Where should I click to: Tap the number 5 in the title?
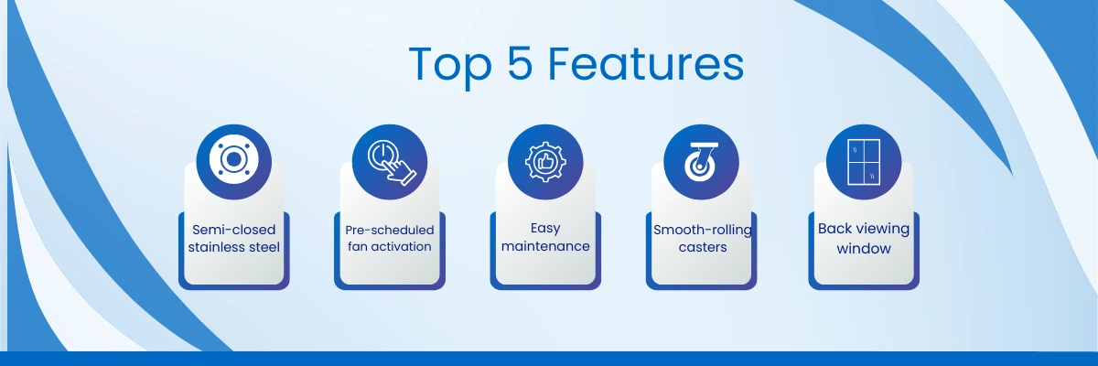pyautogui.click(x=520, y=63)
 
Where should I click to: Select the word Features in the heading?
pyautogui.click(x=646, y=64)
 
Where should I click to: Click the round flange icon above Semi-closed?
pyautogui.click(x=234, y=160)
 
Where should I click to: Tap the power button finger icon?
pyautogui.click(x=392, y=162)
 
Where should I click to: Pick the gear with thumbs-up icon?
pyautogui.click(x=545, y=162)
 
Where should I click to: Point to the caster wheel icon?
pyautogui.click(x=702, y=162)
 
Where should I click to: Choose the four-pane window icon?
pyautogui.click(x=864, y=162)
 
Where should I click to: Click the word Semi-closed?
pyautogui.click(x=234, y=230)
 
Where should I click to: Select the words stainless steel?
pyautogui.click(x=234, y=247)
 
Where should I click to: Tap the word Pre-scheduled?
pyautogui.click(x=390, y=230)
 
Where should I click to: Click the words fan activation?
pyautogui.click(x=390, y=246)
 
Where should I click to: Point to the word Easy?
pyautogui.click(x=545, y=229)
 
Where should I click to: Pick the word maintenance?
pyautogui.click(x=545, y=246)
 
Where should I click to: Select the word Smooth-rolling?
pyautogui.click(x=703, y=231)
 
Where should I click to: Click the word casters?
pyautogui.click(x=703, y=247)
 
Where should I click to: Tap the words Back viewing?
pyautogui.click(x=864, y=229)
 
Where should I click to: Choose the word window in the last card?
pyautogui.click(x=864, y=248)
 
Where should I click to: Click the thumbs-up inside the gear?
pyautogui.click(x=545, y=162)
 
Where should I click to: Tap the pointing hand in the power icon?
pyautogui.click(x=399, y=171)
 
